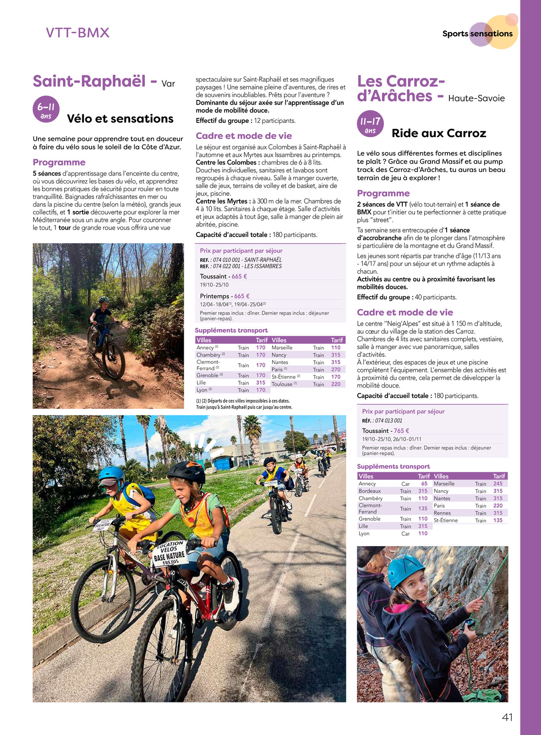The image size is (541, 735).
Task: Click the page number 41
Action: pos(507,718)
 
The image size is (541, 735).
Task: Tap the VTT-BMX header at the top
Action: pos(78,33)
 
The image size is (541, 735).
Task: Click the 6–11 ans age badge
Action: pos(46,111)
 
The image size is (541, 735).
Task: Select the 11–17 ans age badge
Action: pos(370,125)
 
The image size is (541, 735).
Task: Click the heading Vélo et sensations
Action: pos(120,119)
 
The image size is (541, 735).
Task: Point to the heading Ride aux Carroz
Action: pos(438,133)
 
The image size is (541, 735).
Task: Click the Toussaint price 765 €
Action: pos(401,431)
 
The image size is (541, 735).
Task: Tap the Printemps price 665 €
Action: pos(241,296)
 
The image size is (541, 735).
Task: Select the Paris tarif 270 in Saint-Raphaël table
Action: pos(336,370)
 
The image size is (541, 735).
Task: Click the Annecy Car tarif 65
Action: pos(424,484)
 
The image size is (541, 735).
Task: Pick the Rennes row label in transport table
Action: pos(442,513)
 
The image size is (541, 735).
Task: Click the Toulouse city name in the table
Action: pos(282,384)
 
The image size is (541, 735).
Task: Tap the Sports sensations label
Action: pos(477,33)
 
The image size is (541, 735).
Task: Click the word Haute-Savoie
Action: pos(476,98)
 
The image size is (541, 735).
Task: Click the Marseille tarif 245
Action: pos(498,484)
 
